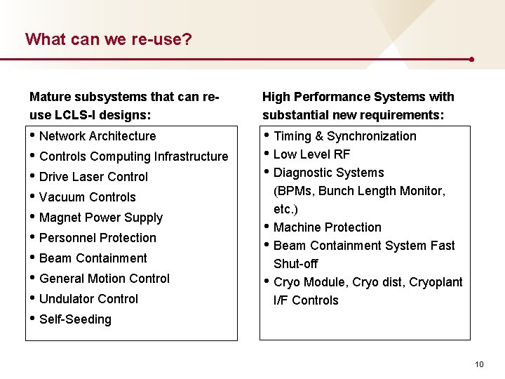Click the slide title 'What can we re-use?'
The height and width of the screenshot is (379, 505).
tap(109, 39)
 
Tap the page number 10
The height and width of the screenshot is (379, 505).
tap(479, 364)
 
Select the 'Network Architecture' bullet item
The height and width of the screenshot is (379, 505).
tap(97, 136)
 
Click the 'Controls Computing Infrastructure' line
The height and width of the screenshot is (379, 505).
tap(133, 157)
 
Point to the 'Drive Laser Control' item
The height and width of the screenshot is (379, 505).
tap(93, 177)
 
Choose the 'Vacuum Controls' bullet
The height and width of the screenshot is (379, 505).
tap(87, 197)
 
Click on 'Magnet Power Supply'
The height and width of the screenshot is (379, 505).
tap(100, 218)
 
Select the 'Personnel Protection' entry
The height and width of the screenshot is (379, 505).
tap(97, 238)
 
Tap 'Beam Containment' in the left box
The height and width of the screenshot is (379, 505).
tap(93, 258)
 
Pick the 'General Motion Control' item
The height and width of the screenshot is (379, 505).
tap(104, 279)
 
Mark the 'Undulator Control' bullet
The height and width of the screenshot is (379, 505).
tap(88, 299)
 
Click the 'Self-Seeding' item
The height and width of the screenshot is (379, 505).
tap(75, 319)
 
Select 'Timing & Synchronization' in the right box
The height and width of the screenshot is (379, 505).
tap(344, 136)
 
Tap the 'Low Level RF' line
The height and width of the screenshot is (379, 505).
tap(311, 154)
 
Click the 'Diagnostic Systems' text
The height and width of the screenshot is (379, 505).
tap(328, 173)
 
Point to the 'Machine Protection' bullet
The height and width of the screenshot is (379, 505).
tap(327, 227)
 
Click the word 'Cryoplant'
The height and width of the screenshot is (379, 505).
tap(436, 282)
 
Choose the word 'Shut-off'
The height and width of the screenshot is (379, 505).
tap(295, 264)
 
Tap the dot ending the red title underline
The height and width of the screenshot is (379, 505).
tap(471, 60)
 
